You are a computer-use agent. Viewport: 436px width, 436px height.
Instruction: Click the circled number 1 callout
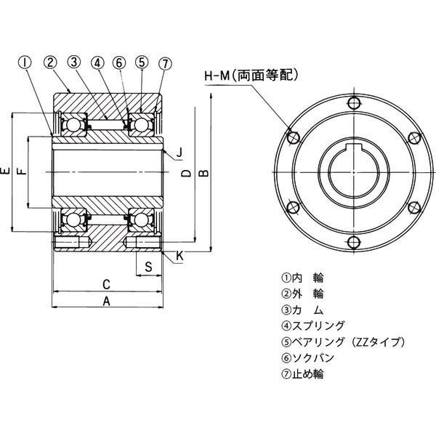point(25,62)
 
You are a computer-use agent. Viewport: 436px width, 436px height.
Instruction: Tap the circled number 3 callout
point(73,62)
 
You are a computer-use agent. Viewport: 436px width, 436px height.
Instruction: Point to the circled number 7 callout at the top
point(165,62)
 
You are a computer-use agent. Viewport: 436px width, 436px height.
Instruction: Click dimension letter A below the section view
point(106,300)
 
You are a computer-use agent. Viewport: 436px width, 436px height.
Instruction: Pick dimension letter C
point(106,283)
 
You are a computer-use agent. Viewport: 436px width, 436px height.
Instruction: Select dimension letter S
point(148,266)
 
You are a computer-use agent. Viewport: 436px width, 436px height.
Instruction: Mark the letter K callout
point(179,256)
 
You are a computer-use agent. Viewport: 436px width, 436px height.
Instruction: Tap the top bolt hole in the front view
point(353,101)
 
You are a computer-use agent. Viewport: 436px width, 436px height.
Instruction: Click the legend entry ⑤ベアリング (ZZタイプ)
point(342,342)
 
